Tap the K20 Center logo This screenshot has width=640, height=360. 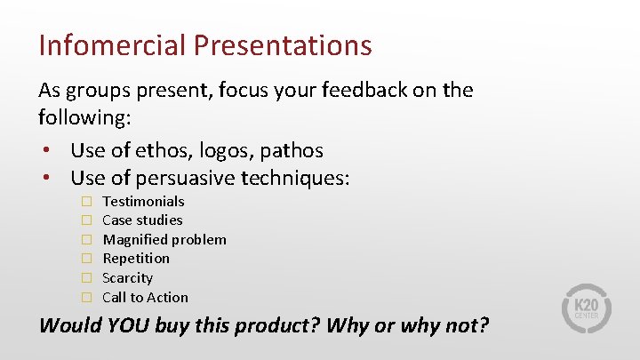coord(587,308)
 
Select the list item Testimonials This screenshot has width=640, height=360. coord(143,201)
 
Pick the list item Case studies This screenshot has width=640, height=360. coord(142,220)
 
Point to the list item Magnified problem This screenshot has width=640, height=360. coord(164,239)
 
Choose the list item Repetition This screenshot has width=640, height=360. coord(136,259)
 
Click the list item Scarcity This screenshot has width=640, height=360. coord(128,277)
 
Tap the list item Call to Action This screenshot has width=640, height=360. coord(146,297)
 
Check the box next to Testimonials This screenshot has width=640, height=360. coord(88,202)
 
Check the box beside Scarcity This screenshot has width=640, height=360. coord(88,278)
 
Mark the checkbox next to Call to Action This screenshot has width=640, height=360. coord(88,298)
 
